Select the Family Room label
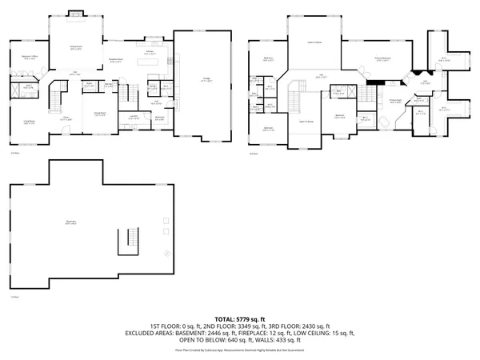click(x=78, y=49)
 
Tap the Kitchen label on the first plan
click(x=149, y=52)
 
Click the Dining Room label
click(x=101, y=114)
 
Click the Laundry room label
click(x=134, y=118)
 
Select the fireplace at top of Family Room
click(x=76, y=14)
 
